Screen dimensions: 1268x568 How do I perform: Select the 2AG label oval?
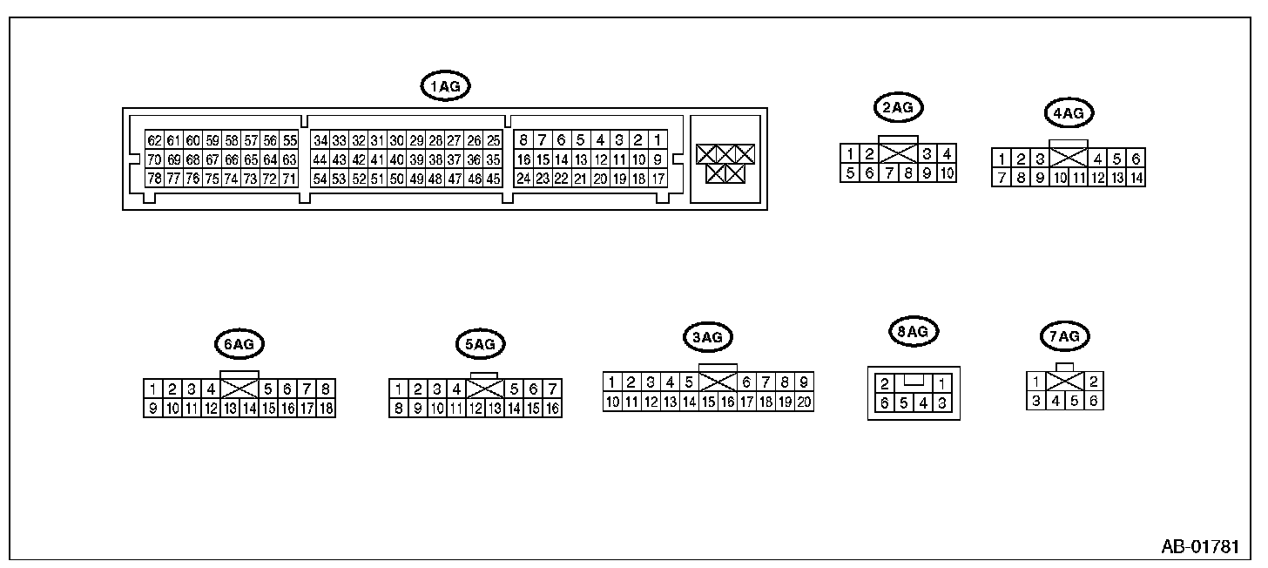pyautogui.click(x=898, y=108)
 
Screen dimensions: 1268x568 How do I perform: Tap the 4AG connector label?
pyautogui.click(x=1068, y=112)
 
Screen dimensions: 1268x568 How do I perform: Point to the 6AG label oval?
pyautogui.click(x=239, y=344)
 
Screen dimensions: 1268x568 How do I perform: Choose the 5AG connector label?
pyautogui.click(x=480, y=344)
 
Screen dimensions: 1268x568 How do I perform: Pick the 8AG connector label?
pyautogui.click(x=913, y=332)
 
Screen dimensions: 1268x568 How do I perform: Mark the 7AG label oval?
pyautogui.click(x=1065, y=336)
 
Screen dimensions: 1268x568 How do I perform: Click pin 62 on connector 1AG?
pyautogui.click(x=154, y=140)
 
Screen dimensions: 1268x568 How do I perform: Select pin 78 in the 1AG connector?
pyautogui.click(x=154, y=179)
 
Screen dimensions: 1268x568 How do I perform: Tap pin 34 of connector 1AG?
pyautogui.click(x=320, y=140)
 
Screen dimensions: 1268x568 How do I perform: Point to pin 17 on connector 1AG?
pyautogui.click(x=658, y=179)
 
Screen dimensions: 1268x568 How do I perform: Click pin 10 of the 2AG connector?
pyautogui.click(x=947, y=173)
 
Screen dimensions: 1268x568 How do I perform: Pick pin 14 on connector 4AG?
pyautogui.click(x=1136, y=178)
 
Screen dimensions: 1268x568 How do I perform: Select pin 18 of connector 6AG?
pyautogui.click(x=327, y=408)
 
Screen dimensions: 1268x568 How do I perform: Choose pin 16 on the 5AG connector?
pyautogui.click(x=552, y=408)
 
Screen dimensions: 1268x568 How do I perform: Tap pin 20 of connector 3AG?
pyautogui.click(x=804, y=402)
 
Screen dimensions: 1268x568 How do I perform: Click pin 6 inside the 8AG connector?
pyautogui.click(x=885, y=402)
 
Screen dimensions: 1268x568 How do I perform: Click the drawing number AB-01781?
pyautogui.click(x=1199, y=547)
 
